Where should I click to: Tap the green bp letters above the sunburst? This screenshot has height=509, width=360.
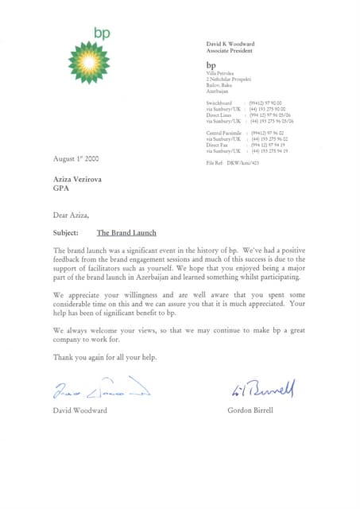[101, 33]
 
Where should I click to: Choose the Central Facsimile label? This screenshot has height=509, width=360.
[223, 132]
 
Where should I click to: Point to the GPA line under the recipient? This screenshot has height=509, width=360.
[61, 189]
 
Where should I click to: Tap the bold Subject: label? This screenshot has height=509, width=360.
[65, 233]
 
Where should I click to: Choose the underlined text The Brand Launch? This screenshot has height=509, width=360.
[126, 233]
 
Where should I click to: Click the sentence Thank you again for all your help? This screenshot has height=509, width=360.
[105, 357]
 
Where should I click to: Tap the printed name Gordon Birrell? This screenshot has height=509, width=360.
[252, 410]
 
